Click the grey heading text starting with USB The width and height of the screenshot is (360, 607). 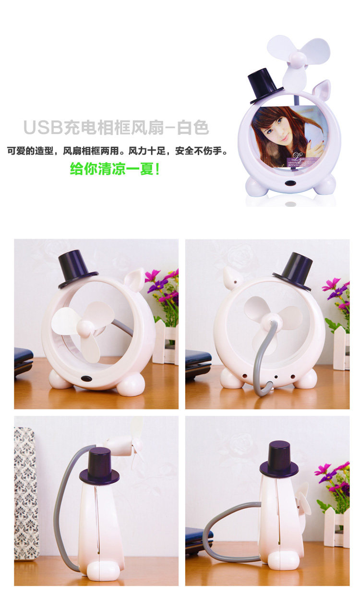116,127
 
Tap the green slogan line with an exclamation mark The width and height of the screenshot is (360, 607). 115,169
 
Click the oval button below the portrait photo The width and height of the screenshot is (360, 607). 290,183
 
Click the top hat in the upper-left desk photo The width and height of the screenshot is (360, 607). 78,269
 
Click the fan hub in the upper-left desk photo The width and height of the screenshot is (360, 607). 85,328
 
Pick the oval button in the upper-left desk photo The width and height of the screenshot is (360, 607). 86,378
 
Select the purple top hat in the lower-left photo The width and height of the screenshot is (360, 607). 99,466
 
